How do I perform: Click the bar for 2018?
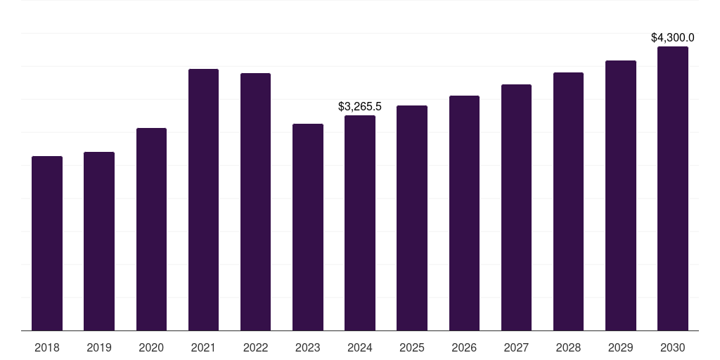[47, 243]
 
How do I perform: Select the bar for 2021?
[203, 200]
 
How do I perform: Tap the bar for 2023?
[308, 227]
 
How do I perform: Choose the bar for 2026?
[464, 213]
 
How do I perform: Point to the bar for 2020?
[151, 229]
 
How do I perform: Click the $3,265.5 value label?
[360, 107]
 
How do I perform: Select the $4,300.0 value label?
[673, 37]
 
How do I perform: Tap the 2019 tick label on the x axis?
[99, 347]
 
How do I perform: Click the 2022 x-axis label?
[255, 347]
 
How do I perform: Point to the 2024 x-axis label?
[360, 347]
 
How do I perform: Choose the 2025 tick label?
[412, 347]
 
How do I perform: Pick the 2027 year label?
[516, 347]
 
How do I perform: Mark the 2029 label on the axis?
[621, 347]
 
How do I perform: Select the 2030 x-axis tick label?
[673, 347]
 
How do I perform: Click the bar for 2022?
[255, 202]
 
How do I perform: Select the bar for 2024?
[360, 223]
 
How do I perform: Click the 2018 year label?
[47, 347]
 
